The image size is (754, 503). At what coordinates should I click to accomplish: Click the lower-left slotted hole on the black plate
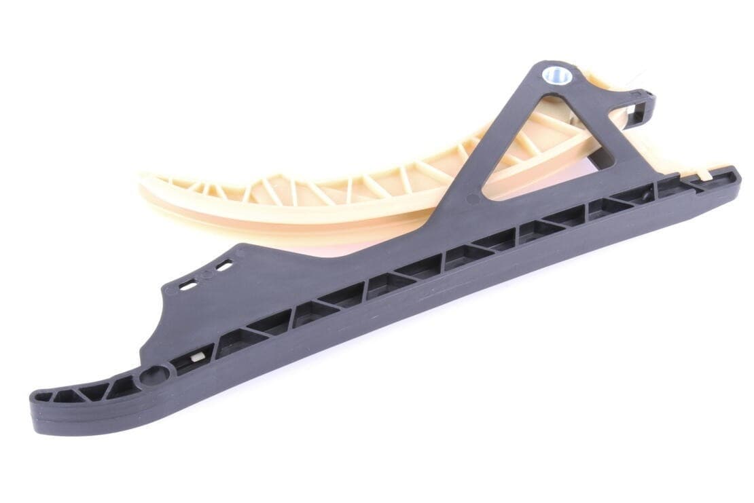point(188,286)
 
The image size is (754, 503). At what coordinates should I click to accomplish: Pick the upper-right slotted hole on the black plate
point(223,267)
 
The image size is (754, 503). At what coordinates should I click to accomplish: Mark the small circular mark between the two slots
point(206,277)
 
